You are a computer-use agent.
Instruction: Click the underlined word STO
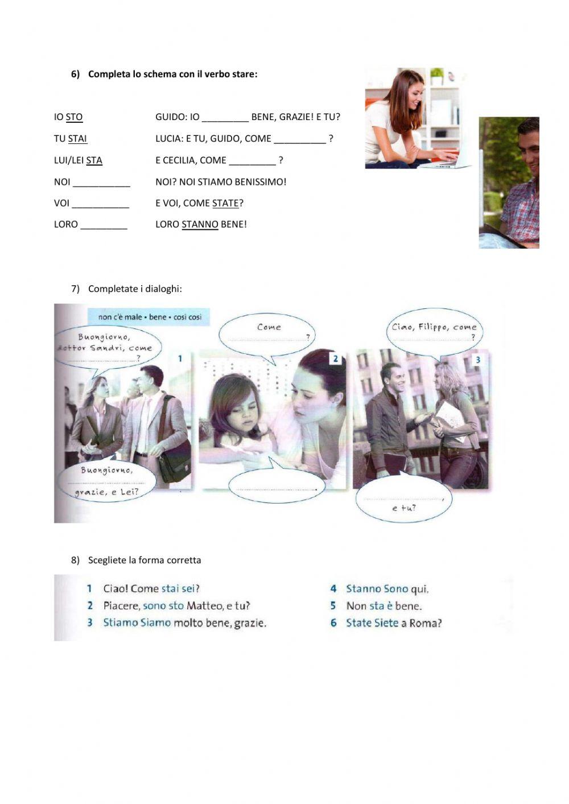[x=74, y=117]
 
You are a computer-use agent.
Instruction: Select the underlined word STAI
[x=77, y=139]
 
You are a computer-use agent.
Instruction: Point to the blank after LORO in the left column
[x=104, y=225]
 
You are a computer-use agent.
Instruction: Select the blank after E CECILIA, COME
[x=252, y=162]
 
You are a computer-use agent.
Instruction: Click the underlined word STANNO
[x=200, y=225]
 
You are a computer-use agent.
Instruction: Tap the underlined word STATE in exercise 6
[x=225, y=203]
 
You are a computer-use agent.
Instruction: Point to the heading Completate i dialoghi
[x=135, y=289]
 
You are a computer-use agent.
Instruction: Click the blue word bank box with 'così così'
[x=149, y=317]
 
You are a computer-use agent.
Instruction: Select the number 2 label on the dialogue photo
[x=336, y=358]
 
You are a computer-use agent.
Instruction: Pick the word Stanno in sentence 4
[x=363, y=589]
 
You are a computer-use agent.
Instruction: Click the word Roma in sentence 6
[x=424, y=623]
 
